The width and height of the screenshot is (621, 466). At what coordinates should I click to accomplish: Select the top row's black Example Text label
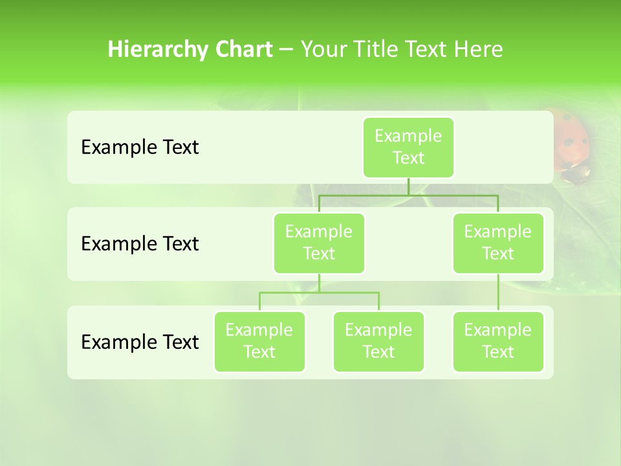pos(140,148)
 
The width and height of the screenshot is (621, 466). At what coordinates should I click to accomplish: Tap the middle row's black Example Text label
pos(140,244)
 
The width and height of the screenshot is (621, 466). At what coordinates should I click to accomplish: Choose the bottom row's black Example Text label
pos(140,342)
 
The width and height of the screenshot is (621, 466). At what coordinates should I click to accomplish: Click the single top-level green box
pos(408,147)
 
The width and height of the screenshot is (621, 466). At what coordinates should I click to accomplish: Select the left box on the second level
pos(319,243)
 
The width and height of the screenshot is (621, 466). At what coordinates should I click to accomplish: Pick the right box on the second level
pos(498,243)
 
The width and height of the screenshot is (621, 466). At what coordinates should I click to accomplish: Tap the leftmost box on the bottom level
pos(259,341)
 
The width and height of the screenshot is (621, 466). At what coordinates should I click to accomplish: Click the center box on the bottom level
pos(378,341)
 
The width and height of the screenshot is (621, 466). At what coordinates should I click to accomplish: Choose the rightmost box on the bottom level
pos(498,341)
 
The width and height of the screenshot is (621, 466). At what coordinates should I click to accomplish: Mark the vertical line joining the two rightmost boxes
pos(498,293)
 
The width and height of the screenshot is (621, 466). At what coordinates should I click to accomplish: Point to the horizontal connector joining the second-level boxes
pos(408,195)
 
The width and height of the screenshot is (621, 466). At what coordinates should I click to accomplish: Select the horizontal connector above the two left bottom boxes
pos(319,293)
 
